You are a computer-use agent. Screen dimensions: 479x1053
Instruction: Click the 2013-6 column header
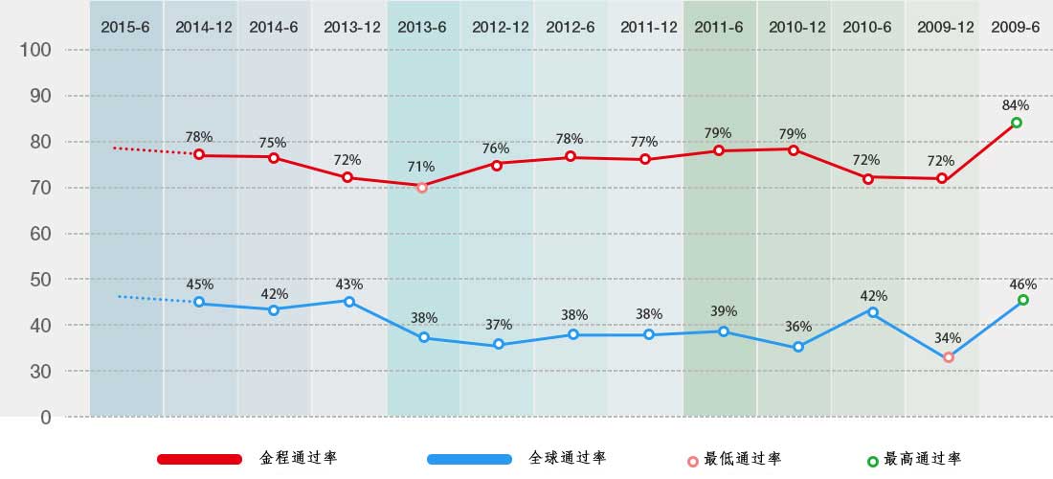pyautogui.click(x=422, y=27)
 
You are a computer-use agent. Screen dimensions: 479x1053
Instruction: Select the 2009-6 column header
pyautogui.click(x=1016, y=27)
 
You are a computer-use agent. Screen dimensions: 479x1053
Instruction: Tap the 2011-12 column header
pyautogui.click(x=648, y=27)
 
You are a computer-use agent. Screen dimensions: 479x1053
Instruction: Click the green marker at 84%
pyautogui.click(x=1017, y=123)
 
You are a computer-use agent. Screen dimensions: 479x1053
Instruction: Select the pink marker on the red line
pyautogui.click(x=422, y=187)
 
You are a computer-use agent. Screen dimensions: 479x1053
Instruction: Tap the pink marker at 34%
pyautogui.click(x=948, y=357)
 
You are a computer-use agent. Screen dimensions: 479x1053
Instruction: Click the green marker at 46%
pyautogui.click(x=1023, y=300)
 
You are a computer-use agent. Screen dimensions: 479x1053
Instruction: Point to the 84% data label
pyautogui.click(x=1016, y=104)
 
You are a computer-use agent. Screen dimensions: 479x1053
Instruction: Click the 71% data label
pyautogui.click(x=422, y=167)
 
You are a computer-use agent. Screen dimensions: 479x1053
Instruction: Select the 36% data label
pyautogui.click(x=798, y=327)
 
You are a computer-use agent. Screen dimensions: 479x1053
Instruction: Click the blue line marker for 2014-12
pyautogui.click(x=199, y=302)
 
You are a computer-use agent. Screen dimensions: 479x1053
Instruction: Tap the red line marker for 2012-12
pyautogui.click(x=497, y=164)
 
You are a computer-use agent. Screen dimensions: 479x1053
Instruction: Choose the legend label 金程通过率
pyautogui.click(x=298, y=458)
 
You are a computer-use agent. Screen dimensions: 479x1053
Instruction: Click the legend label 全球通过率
pyautogui.click(x=568, y=458)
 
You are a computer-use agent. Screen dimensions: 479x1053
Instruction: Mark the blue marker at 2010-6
pyautogui.click(x=873, y=311)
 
